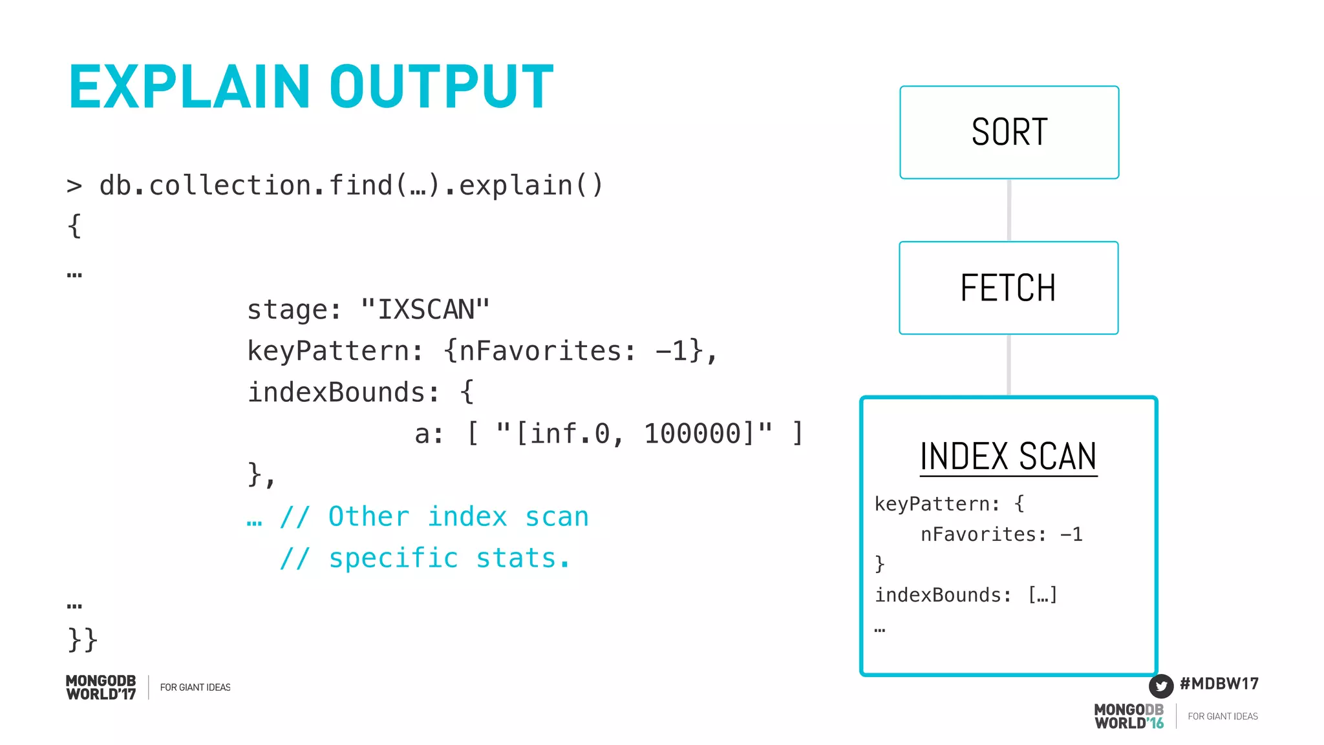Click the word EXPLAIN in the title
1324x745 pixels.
[189, 87]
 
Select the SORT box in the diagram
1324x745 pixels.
[1009, 132]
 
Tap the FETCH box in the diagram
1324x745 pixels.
[1008, 288]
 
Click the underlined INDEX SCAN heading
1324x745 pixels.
[1008, 457]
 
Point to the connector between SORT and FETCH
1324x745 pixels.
[1009, 210]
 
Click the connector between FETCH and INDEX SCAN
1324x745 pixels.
[1009, 365]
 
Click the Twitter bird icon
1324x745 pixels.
[1161, 686]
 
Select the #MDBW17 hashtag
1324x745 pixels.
[1219, 684]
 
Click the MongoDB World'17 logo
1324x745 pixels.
[101, 687]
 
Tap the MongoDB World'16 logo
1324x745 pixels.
[1129, 717]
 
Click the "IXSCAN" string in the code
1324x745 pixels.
[425, 310]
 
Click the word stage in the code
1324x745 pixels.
[288, 310]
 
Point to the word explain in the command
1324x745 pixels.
[515, 186]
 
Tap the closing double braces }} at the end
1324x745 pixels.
[83, 640]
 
